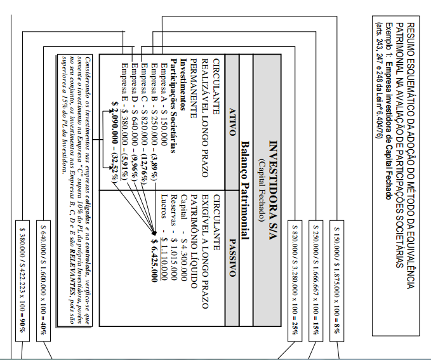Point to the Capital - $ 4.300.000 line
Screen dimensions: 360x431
(x=184, y=251)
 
